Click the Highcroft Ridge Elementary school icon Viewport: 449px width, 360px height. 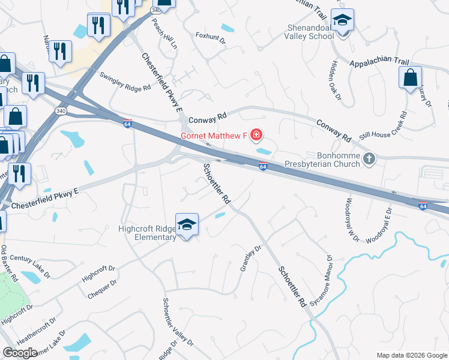(187, 225)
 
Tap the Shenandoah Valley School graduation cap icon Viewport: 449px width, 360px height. (343, 22)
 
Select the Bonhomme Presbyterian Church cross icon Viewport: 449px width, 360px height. (369, 159)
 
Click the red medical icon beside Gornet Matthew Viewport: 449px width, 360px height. (256, 135)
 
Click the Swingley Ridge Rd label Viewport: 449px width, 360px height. (125, 83)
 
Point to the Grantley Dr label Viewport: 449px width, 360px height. (252, 259)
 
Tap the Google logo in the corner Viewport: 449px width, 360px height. (20, 353)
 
